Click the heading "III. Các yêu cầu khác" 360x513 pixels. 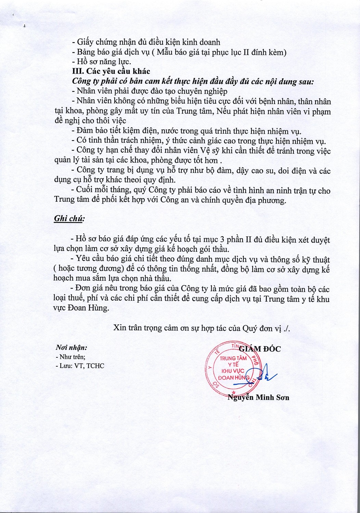[x=111, y=71]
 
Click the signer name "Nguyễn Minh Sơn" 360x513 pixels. [x=259, y=397]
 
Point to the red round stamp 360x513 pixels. [x=233, y=368]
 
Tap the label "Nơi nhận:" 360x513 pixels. [x=72, y=347]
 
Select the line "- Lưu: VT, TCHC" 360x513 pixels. [x=80, y=366]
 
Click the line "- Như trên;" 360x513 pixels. [x=70, y=357]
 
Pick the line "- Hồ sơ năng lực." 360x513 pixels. [x=102, y=62]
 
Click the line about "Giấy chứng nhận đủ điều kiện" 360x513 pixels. [x=146, y=42]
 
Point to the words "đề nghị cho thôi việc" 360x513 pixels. [x=90, y=121]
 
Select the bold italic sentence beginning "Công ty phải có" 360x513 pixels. [x=193, y=82]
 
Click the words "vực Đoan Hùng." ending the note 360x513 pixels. [x=81, y=308]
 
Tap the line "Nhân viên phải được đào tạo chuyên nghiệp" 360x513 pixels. [x=150, y=91]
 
